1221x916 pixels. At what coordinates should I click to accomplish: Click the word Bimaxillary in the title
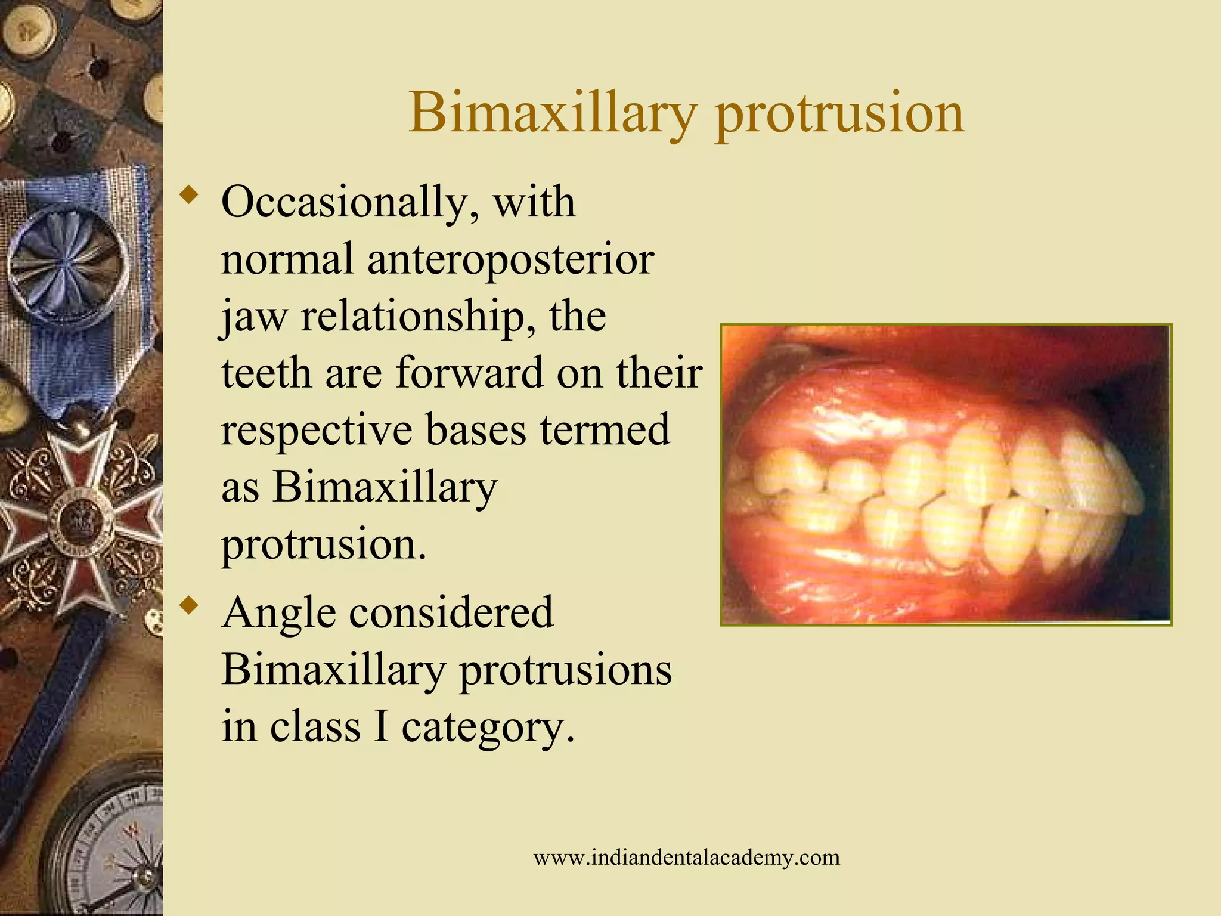552,113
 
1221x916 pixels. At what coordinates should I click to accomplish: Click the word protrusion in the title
839,113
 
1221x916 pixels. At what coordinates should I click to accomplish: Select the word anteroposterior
510,260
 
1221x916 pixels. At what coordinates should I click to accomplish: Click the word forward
470,373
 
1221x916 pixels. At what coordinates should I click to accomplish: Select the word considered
451,613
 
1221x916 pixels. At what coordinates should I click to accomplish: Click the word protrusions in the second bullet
565,670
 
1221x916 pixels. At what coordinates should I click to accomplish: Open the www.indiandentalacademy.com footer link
686,858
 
